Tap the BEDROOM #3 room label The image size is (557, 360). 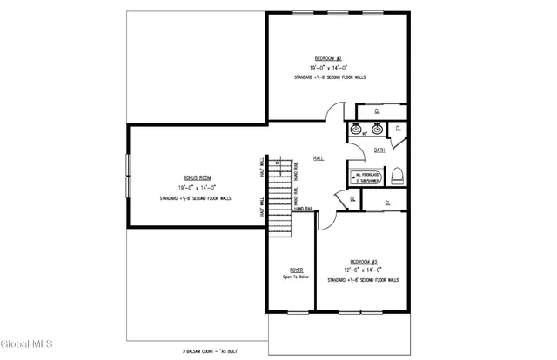coord(363,261)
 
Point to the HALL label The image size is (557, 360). coord(319,158)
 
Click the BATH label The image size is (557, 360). coord(379,150)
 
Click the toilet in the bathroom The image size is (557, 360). coord(396,175)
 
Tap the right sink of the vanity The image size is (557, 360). coord(377,130)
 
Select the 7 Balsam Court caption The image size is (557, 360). coord(212,351)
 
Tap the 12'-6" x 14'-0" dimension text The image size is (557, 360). coord(363,270)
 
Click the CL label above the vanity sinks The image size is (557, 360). coord(377,111)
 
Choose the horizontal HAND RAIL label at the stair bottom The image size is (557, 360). coord(304,210)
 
